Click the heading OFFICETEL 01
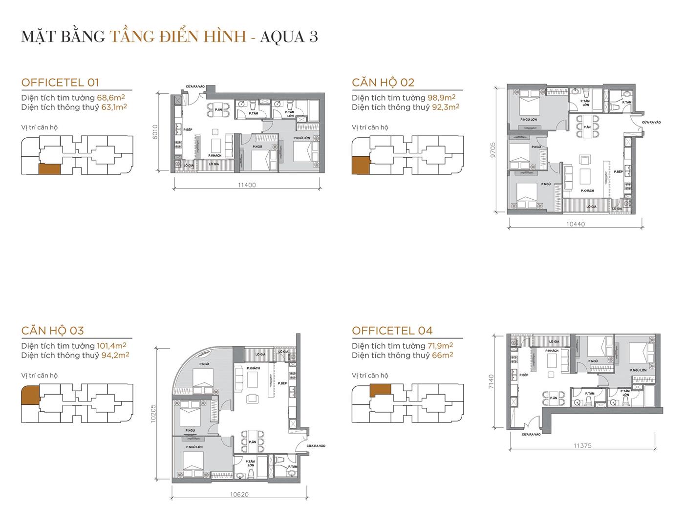tap(60, 82)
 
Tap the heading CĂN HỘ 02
tap(383, 82)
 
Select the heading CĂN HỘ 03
tap(52, 331)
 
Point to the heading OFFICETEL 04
tap(392, 331)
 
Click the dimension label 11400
tap(247, 185)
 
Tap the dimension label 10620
tap(239, 494)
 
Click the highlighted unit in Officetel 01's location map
tap(49, 168)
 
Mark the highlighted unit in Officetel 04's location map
tap(380, 389)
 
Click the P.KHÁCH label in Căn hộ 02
tap(587, 191)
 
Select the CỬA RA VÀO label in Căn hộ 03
tap(316, 446)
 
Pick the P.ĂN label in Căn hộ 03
tap(252, 441)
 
